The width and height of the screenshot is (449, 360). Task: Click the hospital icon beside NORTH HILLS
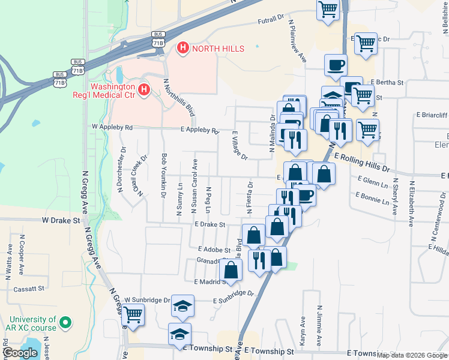pos(182,47)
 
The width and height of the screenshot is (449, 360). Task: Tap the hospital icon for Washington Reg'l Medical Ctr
pos(143,91)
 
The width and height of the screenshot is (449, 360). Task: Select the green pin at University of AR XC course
pos(66,323)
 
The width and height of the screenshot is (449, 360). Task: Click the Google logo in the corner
pos(20,353)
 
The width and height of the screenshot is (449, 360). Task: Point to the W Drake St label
pos(61,221)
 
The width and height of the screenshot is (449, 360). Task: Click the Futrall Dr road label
pos(270,22)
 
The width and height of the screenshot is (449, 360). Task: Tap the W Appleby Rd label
pos(112,127)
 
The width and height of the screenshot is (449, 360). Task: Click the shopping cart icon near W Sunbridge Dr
pos(133,313)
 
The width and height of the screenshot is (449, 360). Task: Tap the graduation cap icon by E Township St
pos(179,333)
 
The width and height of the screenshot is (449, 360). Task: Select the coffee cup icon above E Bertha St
pos(336,64)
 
